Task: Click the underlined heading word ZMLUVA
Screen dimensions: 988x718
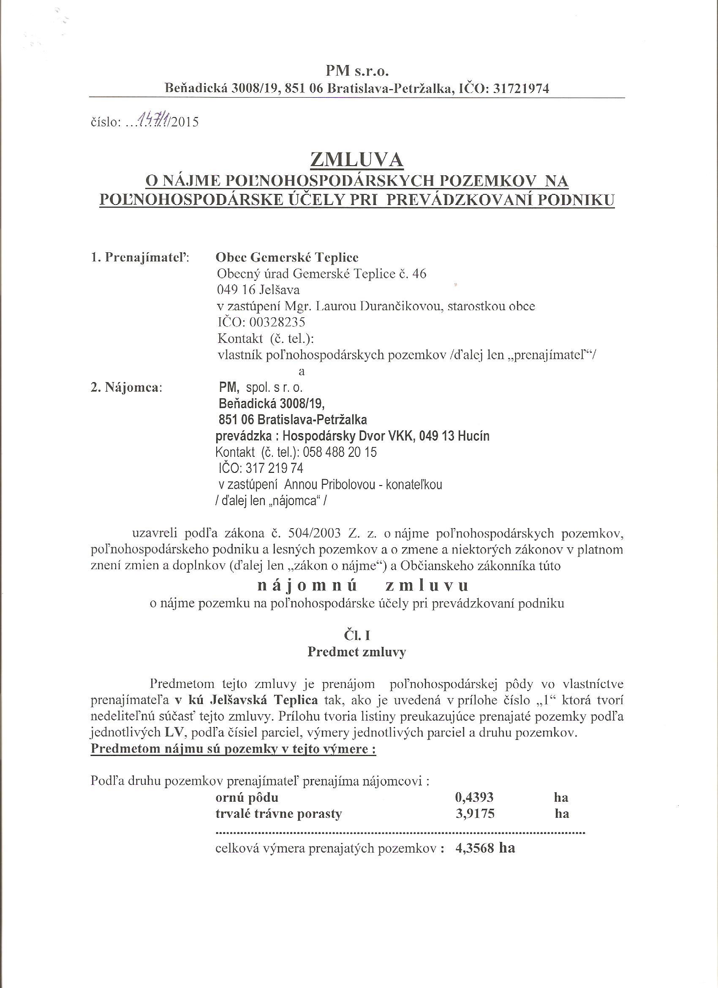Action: (x=356, y=160)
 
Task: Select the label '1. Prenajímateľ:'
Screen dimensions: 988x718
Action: (x=140, y=257)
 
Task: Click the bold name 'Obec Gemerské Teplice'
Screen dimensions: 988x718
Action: (x=287, y=257)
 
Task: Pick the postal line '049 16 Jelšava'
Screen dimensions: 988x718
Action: (x=258, y=290)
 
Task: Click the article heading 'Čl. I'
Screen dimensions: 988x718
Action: (x=356, y=636)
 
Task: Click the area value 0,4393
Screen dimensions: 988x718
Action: (x=474, y=798)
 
